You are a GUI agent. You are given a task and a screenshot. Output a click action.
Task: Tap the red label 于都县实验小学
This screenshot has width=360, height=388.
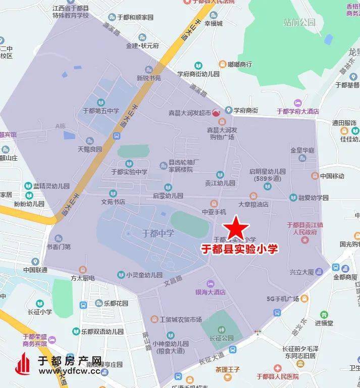click(239, 249)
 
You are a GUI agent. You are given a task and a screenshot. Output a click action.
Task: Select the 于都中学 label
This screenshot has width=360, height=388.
click(158, 233)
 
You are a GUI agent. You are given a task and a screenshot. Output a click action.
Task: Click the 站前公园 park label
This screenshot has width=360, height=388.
click(299, 22)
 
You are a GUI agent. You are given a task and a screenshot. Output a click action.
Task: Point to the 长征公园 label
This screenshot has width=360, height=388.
click(222, 338)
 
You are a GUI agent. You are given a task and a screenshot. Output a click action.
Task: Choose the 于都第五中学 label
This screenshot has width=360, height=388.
click(101, 111)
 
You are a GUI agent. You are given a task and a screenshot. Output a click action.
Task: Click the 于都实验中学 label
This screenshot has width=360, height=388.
click(129, 172)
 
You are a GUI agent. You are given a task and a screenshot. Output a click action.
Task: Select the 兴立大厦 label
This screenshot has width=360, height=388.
click(302, 272)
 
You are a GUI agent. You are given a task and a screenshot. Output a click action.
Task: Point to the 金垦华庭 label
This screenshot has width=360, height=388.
click(302, 151)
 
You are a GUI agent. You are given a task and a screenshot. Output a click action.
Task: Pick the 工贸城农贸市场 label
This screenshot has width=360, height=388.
click(180, 319)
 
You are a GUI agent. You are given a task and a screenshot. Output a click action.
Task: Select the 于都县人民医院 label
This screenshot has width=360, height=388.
click(278, 376)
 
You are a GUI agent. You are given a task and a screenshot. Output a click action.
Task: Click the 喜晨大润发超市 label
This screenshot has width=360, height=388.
click(190, 113)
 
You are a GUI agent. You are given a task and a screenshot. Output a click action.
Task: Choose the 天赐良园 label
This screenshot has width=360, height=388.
click(90, 150)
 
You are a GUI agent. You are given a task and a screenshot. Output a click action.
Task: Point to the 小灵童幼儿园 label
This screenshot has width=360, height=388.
click(144, 275)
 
